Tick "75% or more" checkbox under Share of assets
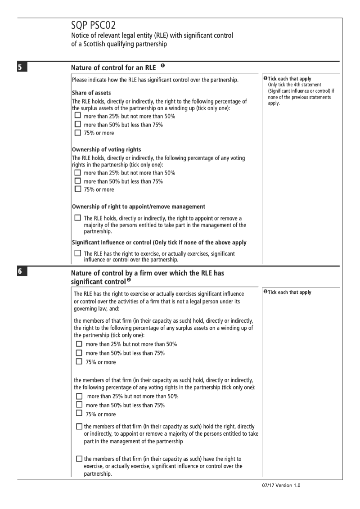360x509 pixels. pyautogui.click(x=78, y=133)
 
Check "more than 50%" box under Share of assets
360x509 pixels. pyautogui.click(x=78, y=125)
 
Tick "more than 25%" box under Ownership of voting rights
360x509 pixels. pyautogui.click(x=78, y=173)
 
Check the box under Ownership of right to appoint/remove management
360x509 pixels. pyautogui.click(x=78, y=218)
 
